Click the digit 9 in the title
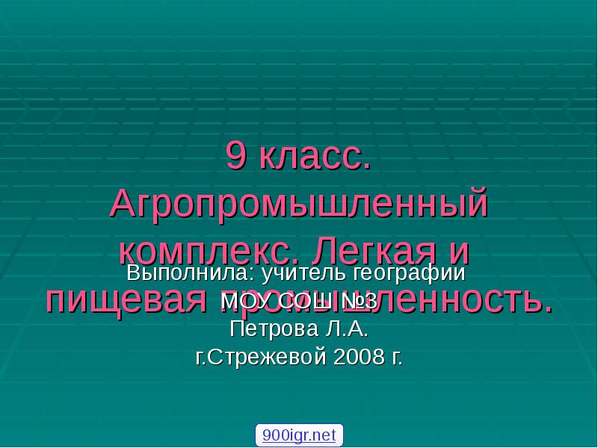[x=235, y=158]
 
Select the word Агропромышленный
[x=299, y=204]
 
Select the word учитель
[x=292, y=273]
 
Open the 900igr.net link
[x=299, y=435]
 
